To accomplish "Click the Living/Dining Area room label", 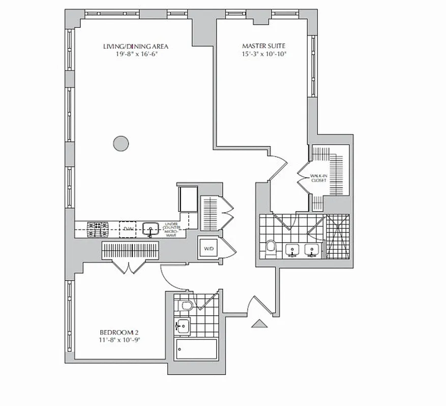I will [x=135, y=47].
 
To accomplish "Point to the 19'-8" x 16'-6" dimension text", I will [x=135, y=53].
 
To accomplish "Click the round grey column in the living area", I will [x=121, y=144].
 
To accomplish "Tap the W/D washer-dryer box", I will [x=209, y=249].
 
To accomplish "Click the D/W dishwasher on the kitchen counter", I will [x=128, y=229].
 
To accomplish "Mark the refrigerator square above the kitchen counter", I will [x=187, y=198].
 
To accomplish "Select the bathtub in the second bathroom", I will [x=196, y=349].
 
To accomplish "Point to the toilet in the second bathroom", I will [x=186, y=306].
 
